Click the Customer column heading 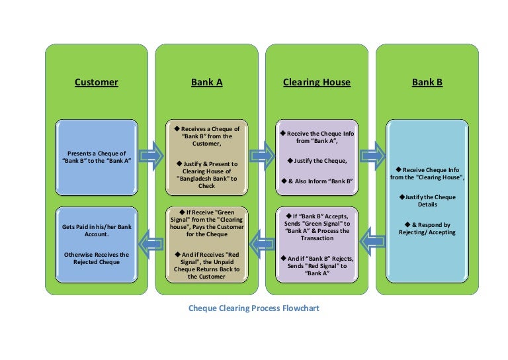97,83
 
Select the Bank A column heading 207,83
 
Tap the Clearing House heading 317,83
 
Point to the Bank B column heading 427,83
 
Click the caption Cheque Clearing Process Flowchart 254,308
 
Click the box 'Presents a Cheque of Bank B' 97,157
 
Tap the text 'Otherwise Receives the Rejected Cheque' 97,258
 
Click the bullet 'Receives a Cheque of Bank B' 207,137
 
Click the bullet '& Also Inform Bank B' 317,181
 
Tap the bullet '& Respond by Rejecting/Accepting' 427,228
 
